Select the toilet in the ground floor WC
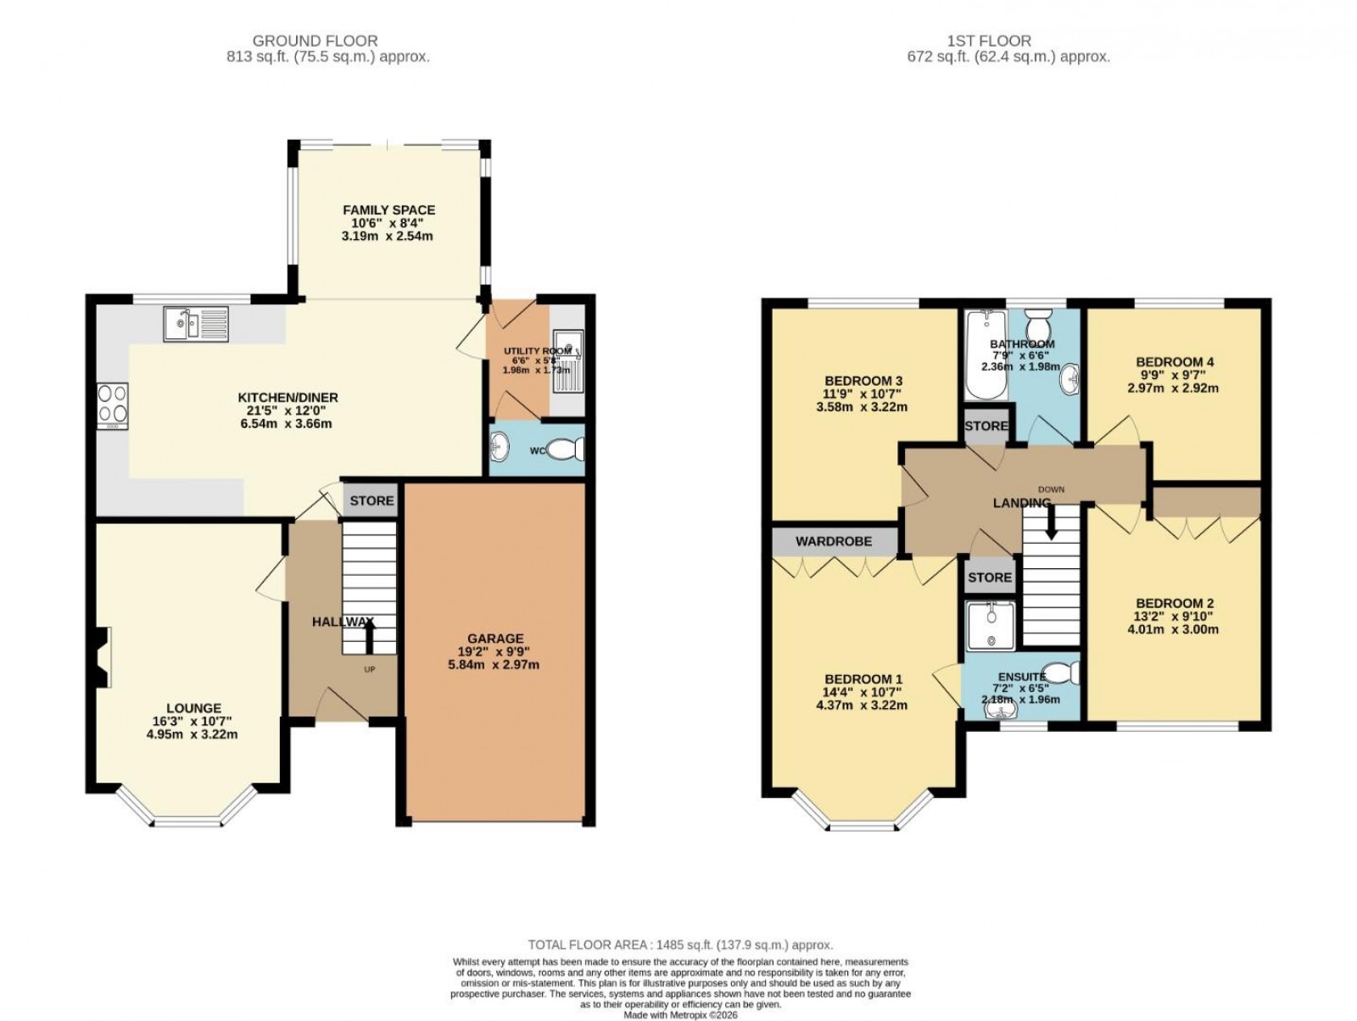click(x=569, y=447)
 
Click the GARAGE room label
click(x=495, y=639)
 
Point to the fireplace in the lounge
click(x=102, y=656)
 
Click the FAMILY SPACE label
click(x=388, y=209)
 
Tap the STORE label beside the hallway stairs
click(x=371, y=500)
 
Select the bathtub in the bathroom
click(x=985, y=356)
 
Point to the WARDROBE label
click(x=833, y=541)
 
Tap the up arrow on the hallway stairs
click(x=370, y=640)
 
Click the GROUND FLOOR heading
click(x=315, y=41)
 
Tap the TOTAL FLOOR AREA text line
click(x=680, y=945)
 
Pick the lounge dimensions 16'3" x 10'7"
click(x=194, y=722)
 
